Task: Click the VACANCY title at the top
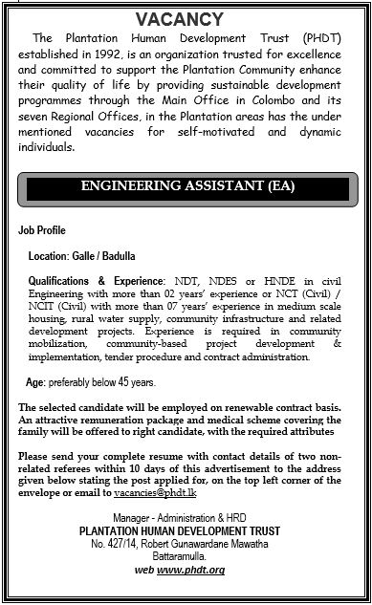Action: [x=186, y=18]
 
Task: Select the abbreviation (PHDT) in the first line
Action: [x=319, y=38]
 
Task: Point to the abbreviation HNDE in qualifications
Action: [x=268, y=283]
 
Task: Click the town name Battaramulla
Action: [x=186, y=531]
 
